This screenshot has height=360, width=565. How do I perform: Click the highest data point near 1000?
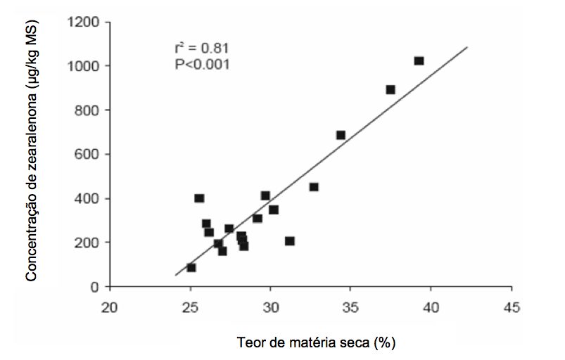(419, 61)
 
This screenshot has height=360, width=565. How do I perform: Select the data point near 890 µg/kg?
(391, 90)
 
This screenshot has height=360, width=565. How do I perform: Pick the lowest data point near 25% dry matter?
(191, 268)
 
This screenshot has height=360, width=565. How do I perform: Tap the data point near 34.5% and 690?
(341, 135)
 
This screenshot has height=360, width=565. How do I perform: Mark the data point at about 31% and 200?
(289, 241)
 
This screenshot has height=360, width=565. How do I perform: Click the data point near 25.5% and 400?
(199, 199)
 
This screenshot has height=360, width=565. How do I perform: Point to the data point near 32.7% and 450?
(314, 187)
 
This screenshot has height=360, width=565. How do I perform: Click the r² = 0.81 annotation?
(202, 49)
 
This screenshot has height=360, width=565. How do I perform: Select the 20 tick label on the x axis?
(109, 307)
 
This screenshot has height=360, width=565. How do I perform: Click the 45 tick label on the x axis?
(511, 307)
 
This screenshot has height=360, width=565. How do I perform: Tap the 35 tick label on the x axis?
(350, 307)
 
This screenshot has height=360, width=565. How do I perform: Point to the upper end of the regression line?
(467, 48)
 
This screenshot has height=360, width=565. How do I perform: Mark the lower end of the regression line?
(175, 275)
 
